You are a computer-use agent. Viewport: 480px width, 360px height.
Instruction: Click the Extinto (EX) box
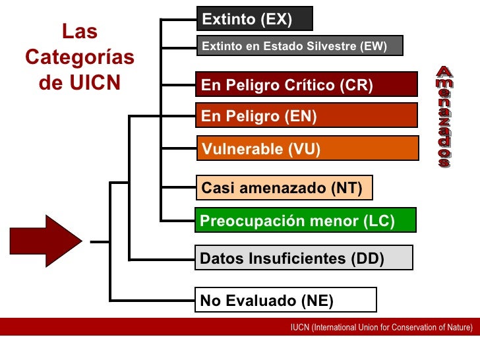coord(254,19)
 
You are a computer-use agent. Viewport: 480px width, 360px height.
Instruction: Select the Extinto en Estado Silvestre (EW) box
coord(299,46)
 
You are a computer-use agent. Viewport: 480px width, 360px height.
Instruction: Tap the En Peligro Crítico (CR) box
coord(308,85)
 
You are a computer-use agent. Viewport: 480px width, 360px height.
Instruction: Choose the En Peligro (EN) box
coord(307,117)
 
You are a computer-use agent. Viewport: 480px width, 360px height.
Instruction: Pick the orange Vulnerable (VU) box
coord(308,149)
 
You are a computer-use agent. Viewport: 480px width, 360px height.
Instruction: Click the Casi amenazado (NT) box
coord(284,188)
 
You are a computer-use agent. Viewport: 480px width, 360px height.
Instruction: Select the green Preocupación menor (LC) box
coord(305,221)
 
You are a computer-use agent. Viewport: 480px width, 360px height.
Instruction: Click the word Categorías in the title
coord(80,58)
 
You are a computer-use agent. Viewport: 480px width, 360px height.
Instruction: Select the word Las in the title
coord(80,32)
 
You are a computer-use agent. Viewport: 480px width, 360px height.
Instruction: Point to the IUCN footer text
coord(382,327)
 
